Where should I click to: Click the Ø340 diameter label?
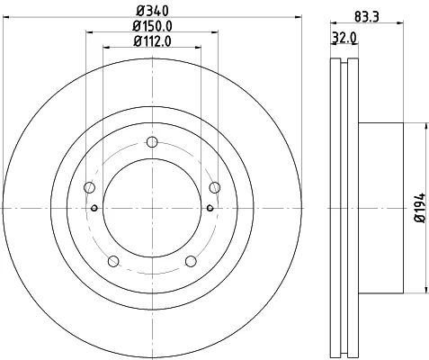pyautogui.click(x=152, y=11)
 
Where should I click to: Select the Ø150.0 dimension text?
pyautogui.click(x=152, y=26)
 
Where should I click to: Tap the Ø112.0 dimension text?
pyautogui.click(x=152, y=41)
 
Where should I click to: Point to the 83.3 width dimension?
pyautogui.click(x=366, y=16)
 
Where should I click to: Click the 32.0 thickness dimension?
pyautogui.click(x=344, y=38)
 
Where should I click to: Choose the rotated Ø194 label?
pyautogui.click(x=420, y=208)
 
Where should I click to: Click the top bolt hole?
pyautogui.click(x=152, y=142)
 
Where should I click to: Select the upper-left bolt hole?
pyautogui.click(x=89, y=188)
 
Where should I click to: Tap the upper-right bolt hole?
pyautogui.click(x=215, y=188)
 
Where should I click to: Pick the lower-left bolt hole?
pyautogui.click(x=113, y=261)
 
